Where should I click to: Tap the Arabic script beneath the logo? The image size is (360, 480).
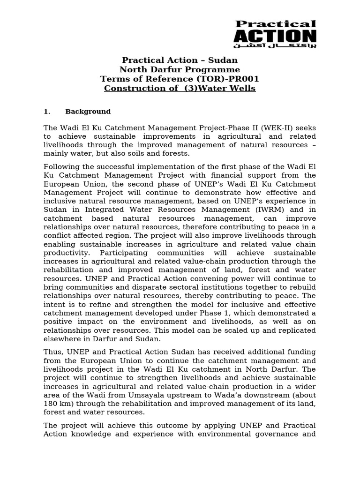[275, 46]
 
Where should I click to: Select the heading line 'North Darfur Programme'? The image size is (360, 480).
[180, 69]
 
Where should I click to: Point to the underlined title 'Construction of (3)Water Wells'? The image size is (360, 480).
[180, 88]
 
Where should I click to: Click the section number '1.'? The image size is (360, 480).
[47, 112]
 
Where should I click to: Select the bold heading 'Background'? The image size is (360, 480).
[88, 112]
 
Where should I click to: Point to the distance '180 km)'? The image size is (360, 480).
[59, 404]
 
